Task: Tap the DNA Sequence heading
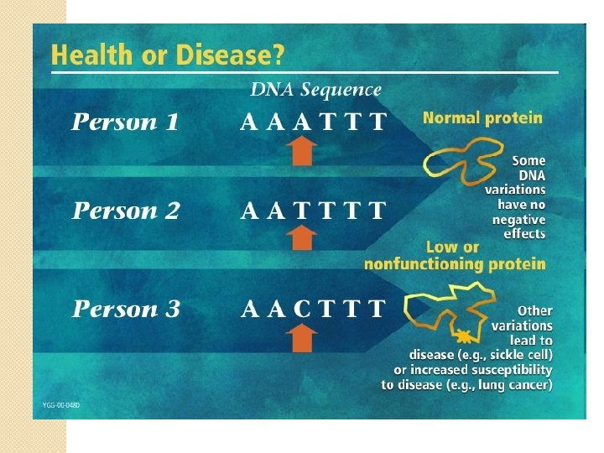pyautogui.click(x=315, y=89)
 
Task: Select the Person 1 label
pyautogui.click(x=125, y=122)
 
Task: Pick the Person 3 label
pyautogui.click(x=126, y=309)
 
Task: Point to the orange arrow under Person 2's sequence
pyautogui.click(x=302, y=238)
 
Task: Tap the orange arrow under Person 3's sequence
pyautogui.click(x=302, y=338)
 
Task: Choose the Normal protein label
pyautogui.click(x=482, y=118)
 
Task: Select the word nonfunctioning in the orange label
pyautogui.click(x=414, y=264)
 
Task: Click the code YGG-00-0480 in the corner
pyautogui.click(x=61, y=404)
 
